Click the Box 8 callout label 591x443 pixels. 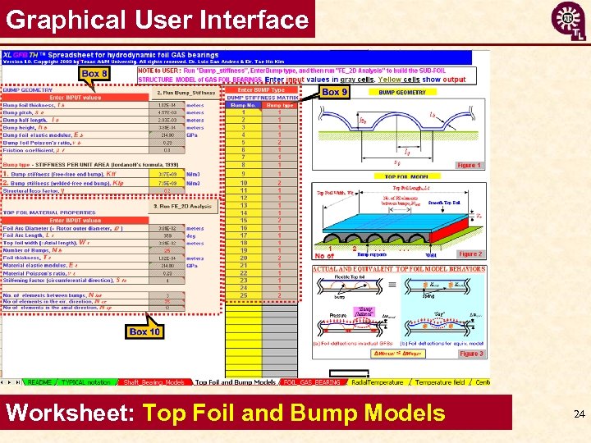[x=94, y=74]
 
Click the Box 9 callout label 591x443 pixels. [x=335, y=93]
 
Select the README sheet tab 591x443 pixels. [x=39, y=382]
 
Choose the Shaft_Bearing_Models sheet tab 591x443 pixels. [x=153, y=382]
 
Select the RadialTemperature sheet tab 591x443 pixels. [x=377, y=382]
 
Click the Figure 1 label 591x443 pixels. [x=470, y=166]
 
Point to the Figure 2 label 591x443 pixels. [x=470, y=254]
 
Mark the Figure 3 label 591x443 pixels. [x=470, y=354]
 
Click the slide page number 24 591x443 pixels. [x=580, y=415]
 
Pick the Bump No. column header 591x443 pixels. [x=242, y=105]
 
